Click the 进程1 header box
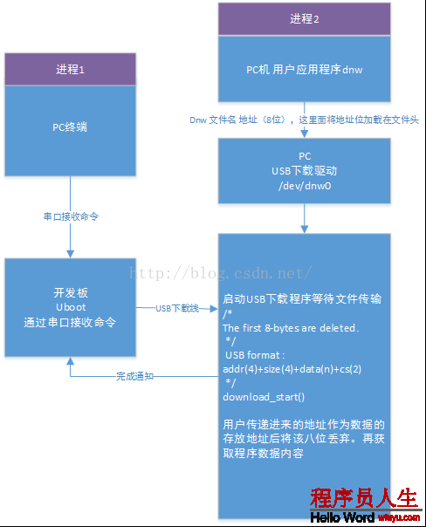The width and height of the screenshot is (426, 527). [70, 69]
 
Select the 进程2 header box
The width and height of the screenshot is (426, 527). [305, 19]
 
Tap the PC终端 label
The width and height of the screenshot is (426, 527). [70, 127]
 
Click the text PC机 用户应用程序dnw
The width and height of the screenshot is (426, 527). [305, 70]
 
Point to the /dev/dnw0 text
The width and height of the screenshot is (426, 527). [305, 186]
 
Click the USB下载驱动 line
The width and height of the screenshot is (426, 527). [305, 171]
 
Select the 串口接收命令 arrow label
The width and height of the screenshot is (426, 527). [71, 216]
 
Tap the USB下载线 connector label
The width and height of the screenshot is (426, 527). [177, 308]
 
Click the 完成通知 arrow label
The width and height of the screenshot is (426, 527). [134, 376]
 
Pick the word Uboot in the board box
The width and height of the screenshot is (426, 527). [71, 307]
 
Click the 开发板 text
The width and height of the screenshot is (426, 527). [71, 293]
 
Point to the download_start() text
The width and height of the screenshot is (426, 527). [264, 397]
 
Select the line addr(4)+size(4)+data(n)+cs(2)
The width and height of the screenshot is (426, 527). [292, 369]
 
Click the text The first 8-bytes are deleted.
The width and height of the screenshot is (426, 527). [291, 328]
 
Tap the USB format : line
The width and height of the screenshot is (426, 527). [255, 355]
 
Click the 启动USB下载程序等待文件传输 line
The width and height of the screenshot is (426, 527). [302, 298]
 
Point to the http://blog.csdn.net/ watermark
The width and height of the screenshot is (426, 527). [221, 272]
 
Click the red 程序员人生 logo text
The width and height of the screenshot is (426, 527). [364, 497]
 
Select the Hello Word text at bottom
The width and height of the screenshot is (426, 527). [342, 517]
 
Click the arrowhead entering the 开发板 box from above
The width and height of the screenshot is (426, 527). [70, 254]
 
